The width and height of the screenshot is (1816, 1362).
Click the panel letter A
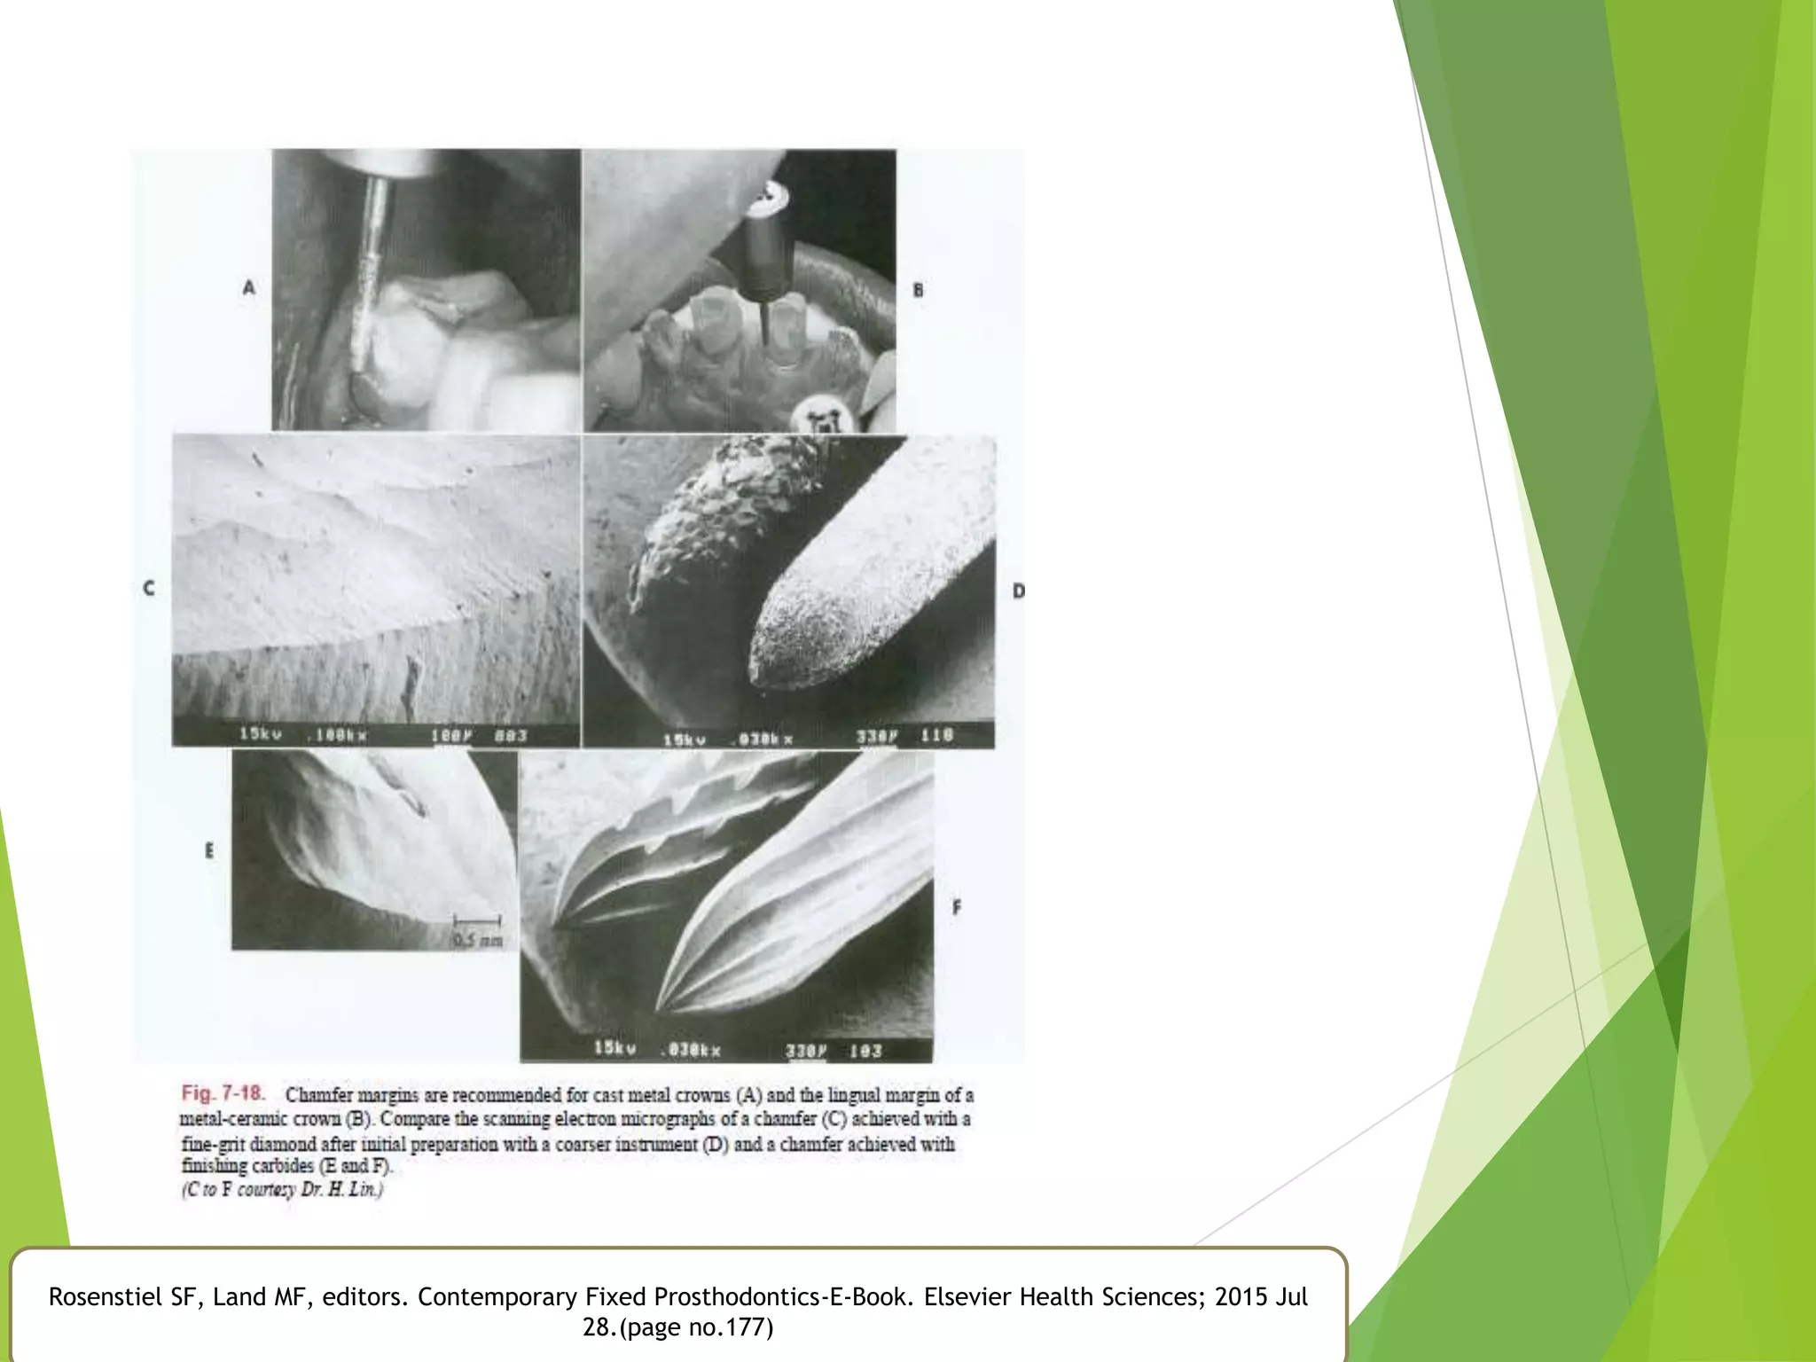click(x=249, y=287)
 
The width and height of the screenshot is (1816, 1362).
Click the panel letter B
click(x=918, y=290)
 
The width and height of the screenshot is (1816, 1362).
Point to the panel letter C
click(x=149, y=588)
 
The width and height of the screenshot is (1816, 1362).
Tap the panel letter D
click(x=1018, y=591)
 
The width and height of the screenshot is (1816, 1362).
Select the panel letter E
click(x=209, y=850)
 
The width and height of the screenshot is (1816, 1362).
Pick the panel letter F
click(x=956, y=908)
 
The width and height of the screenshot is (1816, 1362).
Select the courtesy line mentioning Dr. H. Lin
click(x=283, y=1190)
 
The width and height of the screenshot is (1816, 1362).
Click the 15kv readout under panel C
click(x=260, y=734)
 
